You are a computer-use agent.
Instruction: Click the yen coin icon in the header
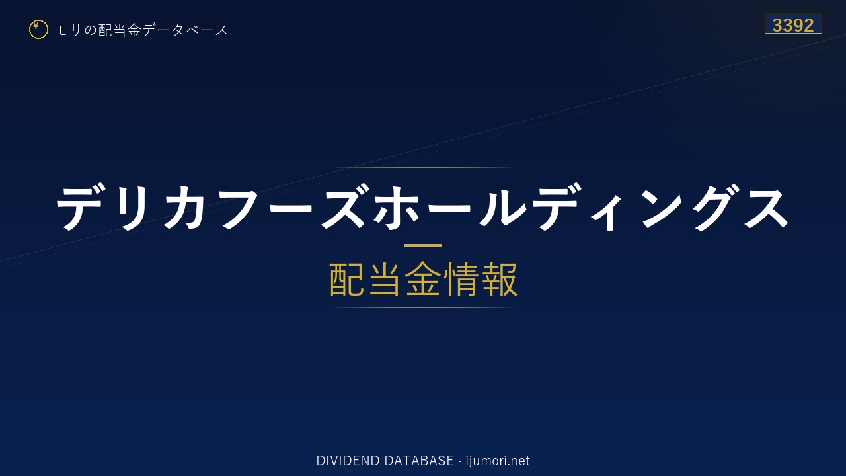pyautogui.click(x=38, y=30)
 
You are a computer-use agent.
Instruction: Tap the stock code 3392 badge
pyautogui.click(x=793, y=23)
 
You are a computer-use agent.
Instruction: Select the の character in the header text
pyautogui.click(x=91, y=30)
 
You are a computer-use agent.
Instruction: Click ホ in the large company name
pyautogui.click(x=396, y=208)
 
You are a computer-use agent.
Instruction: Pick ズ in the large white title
pyautogui.click(x=343, y=207)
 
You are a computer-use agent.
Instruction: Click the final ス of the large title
pyautogui.click(x=766, y=208)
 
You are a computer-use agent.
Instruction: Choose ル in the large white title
pyautogui.click(x=503, y=208)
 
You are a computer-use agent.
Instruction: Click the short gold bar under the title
pyautogui.click(x=423, y=245)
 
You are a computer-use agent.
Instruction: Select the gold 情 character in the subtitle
pyautogui.click(x=461, y=280)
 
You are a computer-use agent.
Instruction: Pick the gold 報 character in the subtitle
pyautogui.click(x=499, y=280)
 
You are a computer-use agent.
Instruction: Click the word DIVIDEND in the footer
pyautogui.click(x=348, y=461)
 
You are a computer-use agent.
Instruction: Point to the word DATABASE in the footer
pyautogui.click(x=419, y=461)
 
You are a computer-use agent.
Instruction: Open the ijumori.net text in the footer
pyautogui.click(x=498, y=461)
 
